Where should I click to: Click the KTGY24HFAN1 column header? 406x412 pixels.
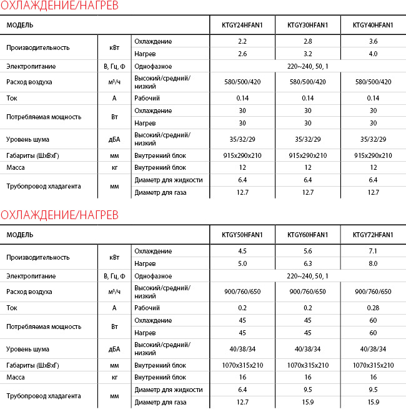click(242, 25)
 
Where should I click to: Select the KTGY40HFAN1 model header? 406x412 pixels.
click(373, 25)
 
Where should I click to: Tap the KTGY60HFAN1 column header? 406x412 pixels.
click(307, 235)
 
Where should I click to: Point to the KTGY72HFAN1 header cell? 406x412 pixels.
click(373, 235)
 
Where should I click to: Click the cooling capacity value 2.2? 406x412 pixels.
click(242, 41)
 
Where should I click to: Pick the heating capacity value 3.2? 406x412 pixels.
click(307, 54)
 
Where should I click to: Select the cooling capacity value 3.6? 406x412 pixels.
click(373, 41)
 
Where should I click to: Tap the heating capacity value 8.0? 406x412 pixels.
click(373, 263)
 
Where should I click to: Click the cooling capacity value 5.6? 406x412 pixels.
click(307, 251)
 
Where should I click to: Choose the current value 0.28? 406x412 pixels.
click(373, 308)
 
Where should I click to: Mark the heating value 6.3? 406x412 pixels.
click(307, 263)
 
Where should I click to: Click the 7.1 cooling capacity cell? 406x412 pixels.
click(373, 251)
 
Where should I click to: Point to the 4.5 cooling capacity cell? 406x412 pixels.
click(242, 251)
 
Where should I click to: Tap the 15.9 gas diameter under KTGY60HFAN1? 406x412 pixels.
click(307, 402)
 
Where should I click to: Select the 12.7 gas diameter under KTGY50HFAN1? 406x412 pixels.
click(242, 402)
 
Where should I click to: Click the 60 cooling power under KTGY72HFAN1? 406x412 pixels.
click(373, 320)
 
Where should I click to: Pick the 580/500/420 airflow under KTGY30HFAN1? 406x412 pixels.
click(307, 82)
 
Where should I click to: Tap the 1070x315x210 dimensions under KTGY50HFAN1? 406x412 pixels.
click(242, 365)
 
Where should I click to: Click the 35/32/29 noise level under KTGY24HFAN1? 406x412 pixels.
click(242, 139)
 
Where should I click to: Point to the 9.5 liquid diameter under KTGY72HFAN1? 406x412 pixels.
click(373, 390)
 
